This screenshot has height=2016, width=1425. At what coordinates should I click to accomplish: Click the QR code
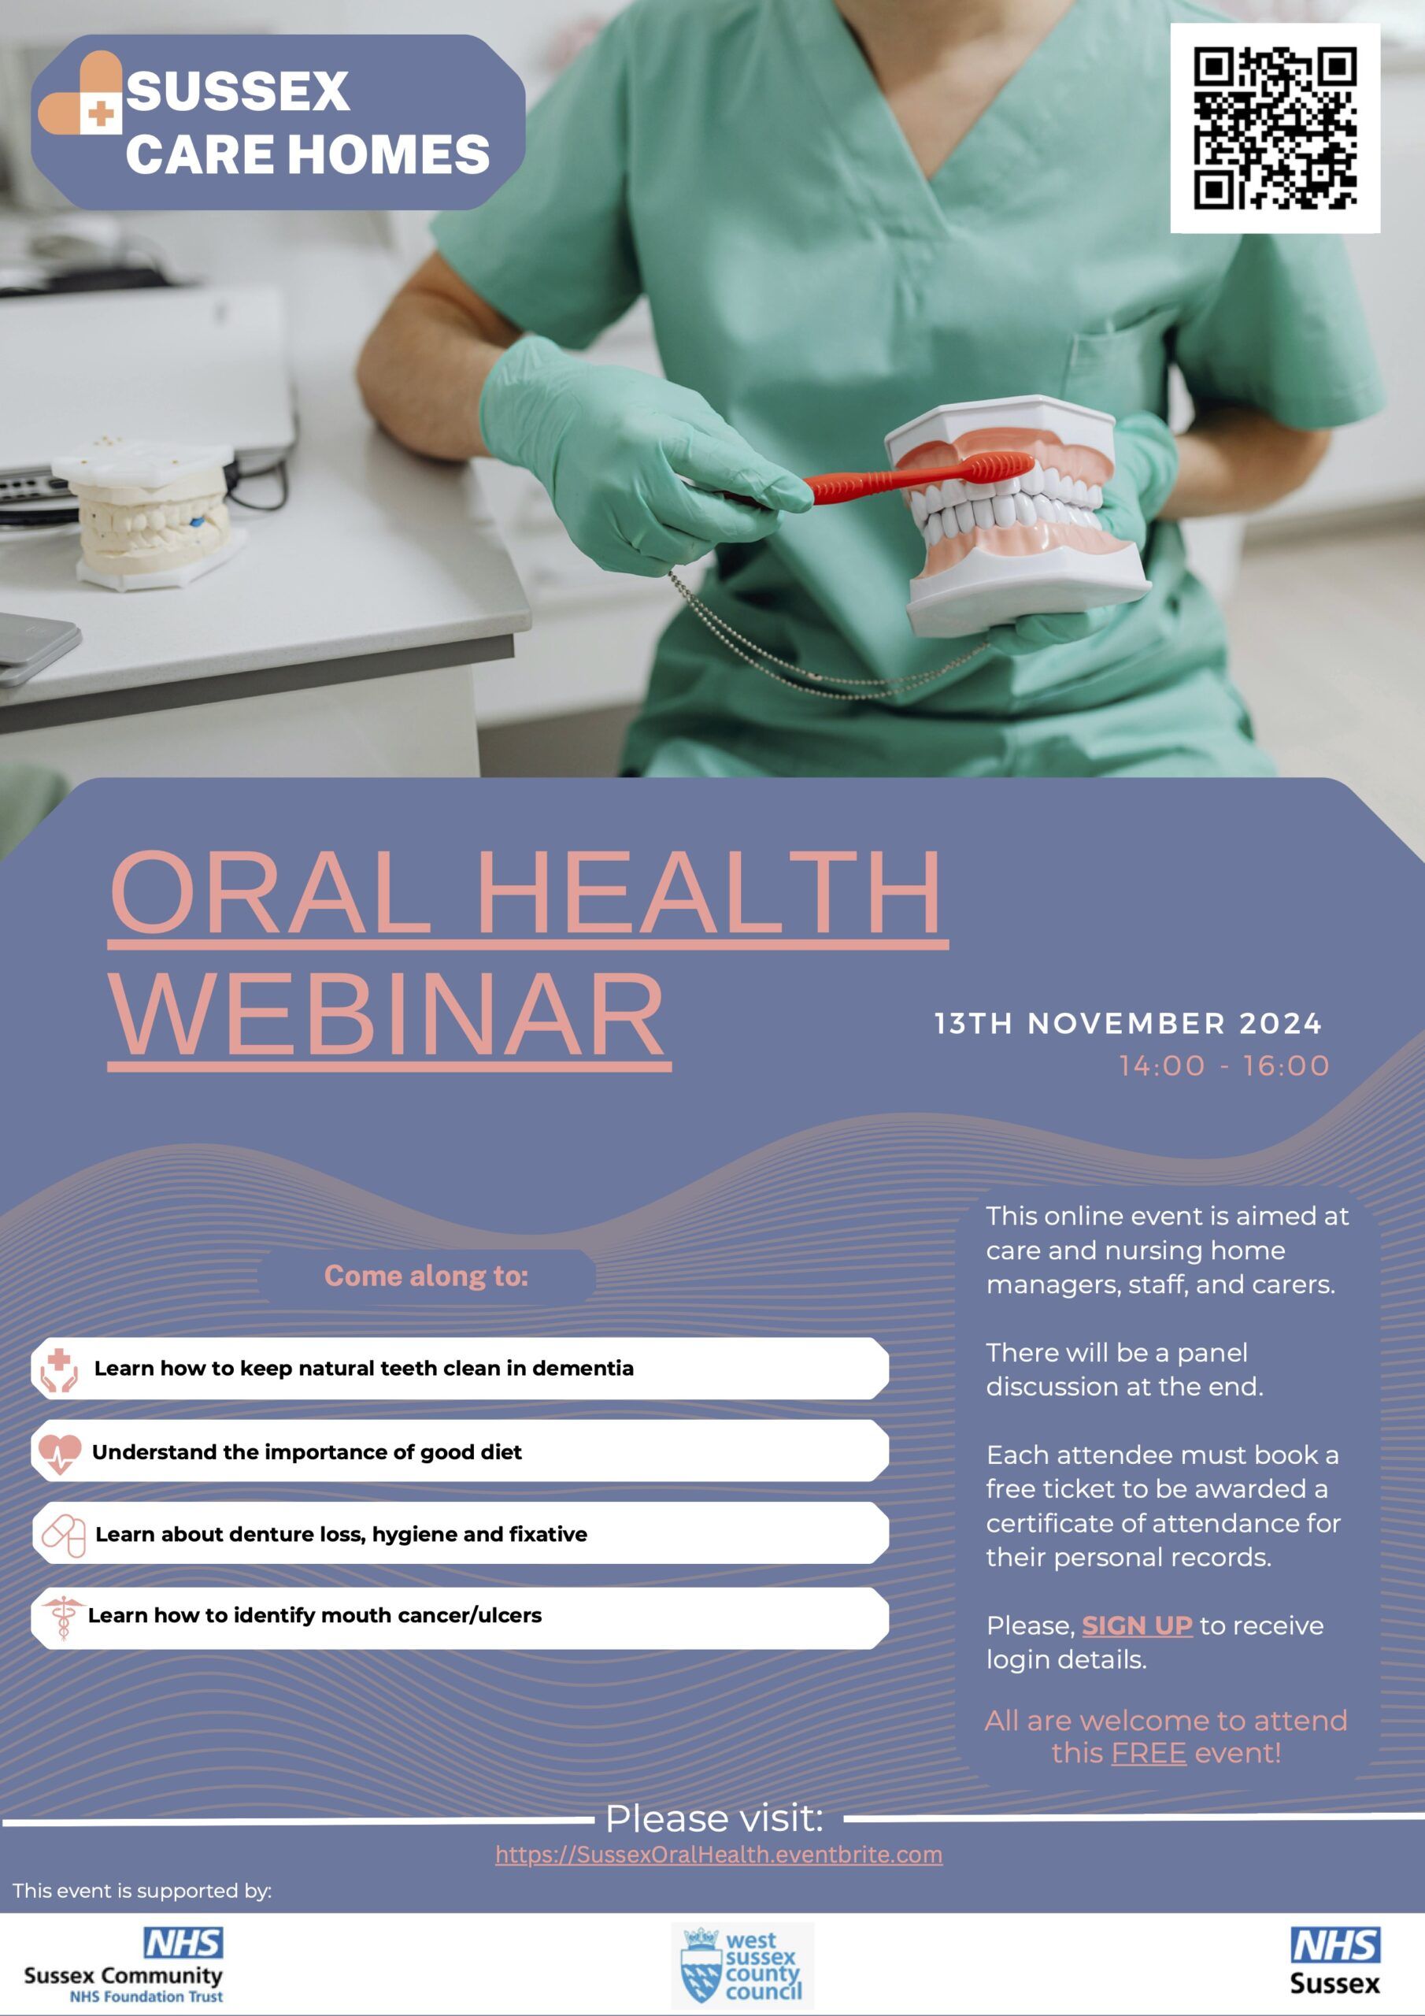pyautogui.click(x=1275, y=128)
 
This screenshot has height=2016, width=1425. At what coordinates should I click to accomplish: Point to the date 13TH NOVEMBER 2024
pyautogui.click(x=1128, y=1024)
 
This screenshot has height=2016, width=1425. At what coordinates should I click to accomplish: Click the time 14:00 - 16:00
pyautogui.click(x=1224, y=1066)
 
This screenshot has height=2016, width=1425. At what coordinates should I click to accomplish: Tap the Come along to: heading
pyautogui.click(x=427, y=1276)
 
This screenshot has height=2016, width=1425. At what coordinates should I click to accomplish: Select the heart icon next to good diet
pyautogui.click(x=60, y=1453)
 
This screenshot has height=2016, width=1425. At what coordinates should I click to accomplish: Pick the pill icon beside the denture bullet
pyautogui.click(x=63, y=1536)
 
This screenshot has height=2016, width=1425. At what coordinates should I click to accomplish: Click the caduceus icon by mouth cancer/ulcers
pyautogui.click(x=62, y=1618)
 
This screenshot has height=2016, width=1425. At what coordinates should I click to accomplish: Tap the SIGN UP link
pyautogui.click(x=1136, y=1626)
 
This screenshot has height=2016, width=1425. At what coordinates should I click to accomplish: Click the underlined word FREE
pyautogui.click(x=1149, y=1754)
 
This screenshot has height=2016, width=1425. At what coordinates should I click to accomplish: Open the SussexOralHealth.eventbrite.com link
pyautogui.click(x=718, y=1855)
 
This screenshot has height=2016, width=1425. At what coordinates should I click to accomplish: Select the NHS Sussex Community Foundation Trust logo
pyautogui.click(x=124, y=1965)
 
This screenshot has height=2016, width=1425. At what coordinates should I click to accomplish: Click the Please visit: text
pyautogui.click(x=715, y=1818)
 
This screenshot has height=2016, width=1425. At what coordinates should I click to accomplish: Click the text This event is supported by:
pyautogui.click(x=142, y=1891)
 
